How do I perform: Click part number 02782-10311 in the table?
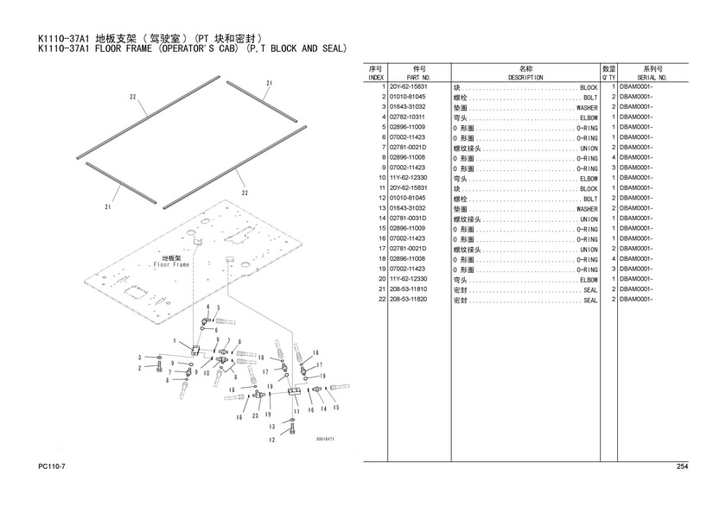coord(409,117)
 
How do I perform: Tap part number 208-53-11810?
coord(409,289)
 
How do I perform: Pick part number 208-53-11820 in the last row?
coord(409,300)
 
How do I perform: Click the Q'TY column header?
coord(608,77)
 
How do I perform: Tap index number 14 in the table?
coord(380,218)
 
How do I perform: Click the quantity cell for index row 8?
coord(612,158)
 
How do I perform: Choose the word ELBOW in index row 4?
coord(589,117)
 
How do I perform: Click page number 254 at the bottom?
coord(682,467)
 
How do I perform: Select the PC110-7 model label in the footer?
coord(54,467)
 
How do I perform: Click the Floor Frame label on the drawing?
coord(171,264)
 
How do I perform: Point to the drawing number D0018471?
coord(324,439)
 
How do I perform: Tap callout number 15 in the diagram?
coord(335,408)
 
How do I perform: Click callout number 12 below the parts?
coord(271,440)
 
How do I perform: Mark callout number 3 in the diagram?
coord(140,357)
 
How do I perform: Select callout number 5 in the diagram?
coord(218,307)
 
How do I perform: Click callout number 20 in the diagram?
coord(256,416)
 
